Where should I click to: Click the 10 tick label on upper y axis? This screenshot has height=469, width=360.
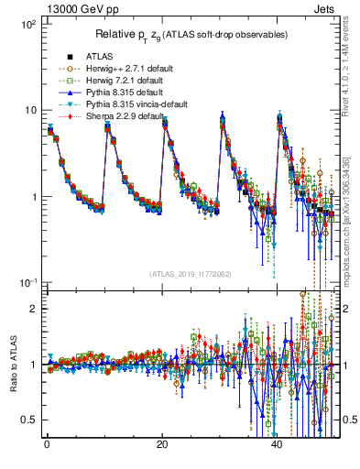tap(29, 111)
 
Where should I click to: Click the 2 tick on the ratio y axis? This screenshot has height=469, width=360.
tap(33, 309)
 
